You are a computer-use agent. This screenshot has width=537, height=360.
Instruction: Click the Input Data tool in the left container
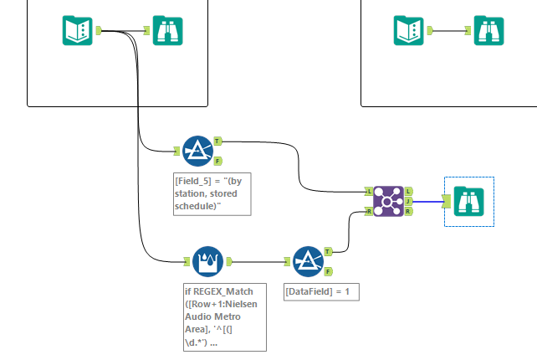[x=78, y=30]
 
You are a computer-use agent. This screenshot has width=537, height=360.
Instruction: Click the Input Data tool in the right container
[x=409, y=30]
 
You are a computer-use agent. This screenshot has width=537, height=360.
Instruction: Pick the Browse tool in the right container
[x=488, y=30]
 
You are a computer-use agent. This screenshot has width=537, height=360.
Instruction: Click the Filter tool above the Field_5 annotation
[x=197, y=151]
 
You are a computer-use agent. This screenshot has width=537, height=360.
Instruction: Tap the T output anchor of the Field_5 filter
[x=217, y=141]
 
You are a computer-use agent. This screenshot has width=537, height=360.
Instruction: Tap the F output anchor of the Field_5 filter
[x=217, y=160]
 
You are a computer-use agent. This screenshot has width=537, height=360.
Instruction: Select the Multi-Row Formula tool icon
[x=207, y=261]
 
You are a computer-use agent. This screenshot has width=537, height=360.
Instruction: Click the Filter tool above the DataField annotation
[x=309, y=261]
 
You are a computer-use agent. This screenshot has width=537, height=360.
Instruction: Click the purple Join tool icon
[x=387, y=200]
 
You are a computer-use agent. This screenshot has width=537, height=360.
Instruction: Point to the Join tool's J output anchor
[x=408, y=201]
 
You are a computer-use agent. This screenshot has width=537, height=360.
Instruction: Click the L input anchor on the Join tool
[x=368, y=191]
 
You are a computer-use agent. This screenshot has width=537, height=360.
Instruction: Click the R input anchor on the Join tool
[x=368, y=211]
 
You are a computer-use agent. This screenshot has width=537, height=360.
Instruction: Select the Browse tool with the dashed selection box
[x=469, y=201]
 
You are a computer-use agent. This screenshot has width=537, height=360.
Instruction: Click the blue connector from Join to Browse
[x=428, y=201]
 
